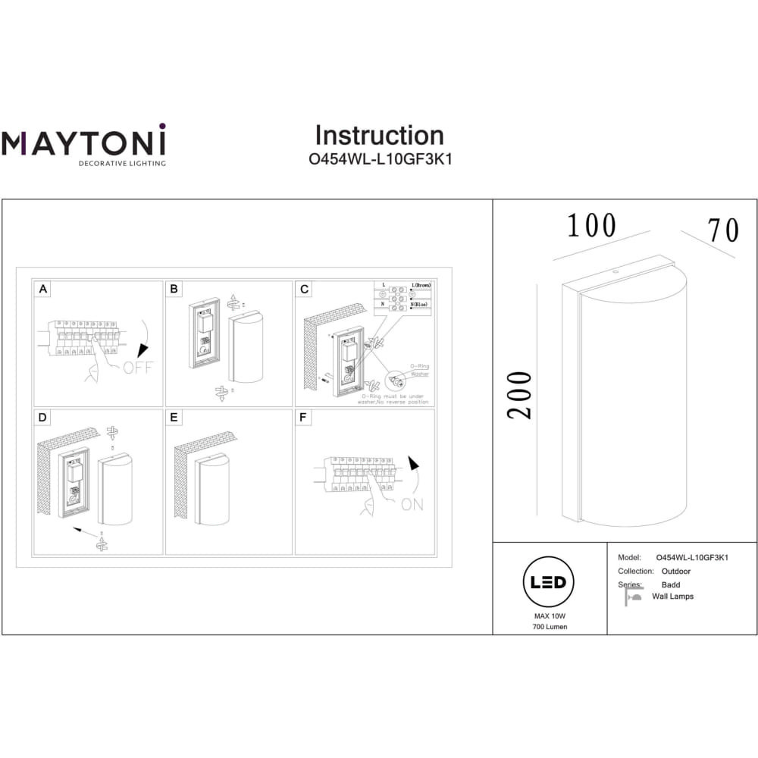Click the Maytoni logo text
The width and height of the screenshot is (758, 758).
pyautogui.click(x=83, y=143)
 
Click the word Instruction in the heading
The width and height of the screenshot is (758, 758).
pyautogui.click(x=379, y=136)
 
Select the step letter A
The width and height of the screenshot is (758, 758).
pyautogui.click(x=43, y=289)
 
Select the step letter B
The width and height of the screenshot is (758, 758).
pyautogui.click(x=174, y=289)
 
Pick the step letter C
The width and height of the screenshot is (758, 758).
pyautogui.click(x=304, y=289)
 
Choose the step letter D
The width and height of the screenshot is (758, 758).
pyautogui.click(x=43, y=418)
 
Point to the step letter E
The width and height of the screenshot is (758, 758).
pyautogui.click(x=174, y=418)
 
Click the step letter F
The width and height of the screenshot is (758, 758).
pyautogui.click(x=304, y=418)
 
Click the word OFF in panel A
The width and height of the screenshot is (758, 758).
pyautogui.click(x=138, y=368)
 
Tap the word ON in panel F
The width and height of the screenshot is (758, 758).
pyautogui.click(x=412, y=504)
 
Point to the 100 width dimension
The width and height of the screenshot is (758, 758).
pyautogui.click(x=591, y=226)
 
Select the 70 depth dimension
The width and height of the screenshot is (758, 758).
pyautogui.click(x=722, y=230)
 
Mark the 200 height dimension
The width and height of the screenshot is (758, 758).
pyautogui.click(x=521, y=395)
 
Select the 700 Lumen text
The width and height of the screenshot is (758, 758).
pyautogui.click(x=549, y=627)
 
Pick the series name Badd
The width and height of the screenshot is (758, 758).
pyautogui.click(x=670, y=585)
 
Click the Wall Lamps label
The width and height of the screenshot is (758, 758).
pyautogui.click(x=672, y=597)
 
